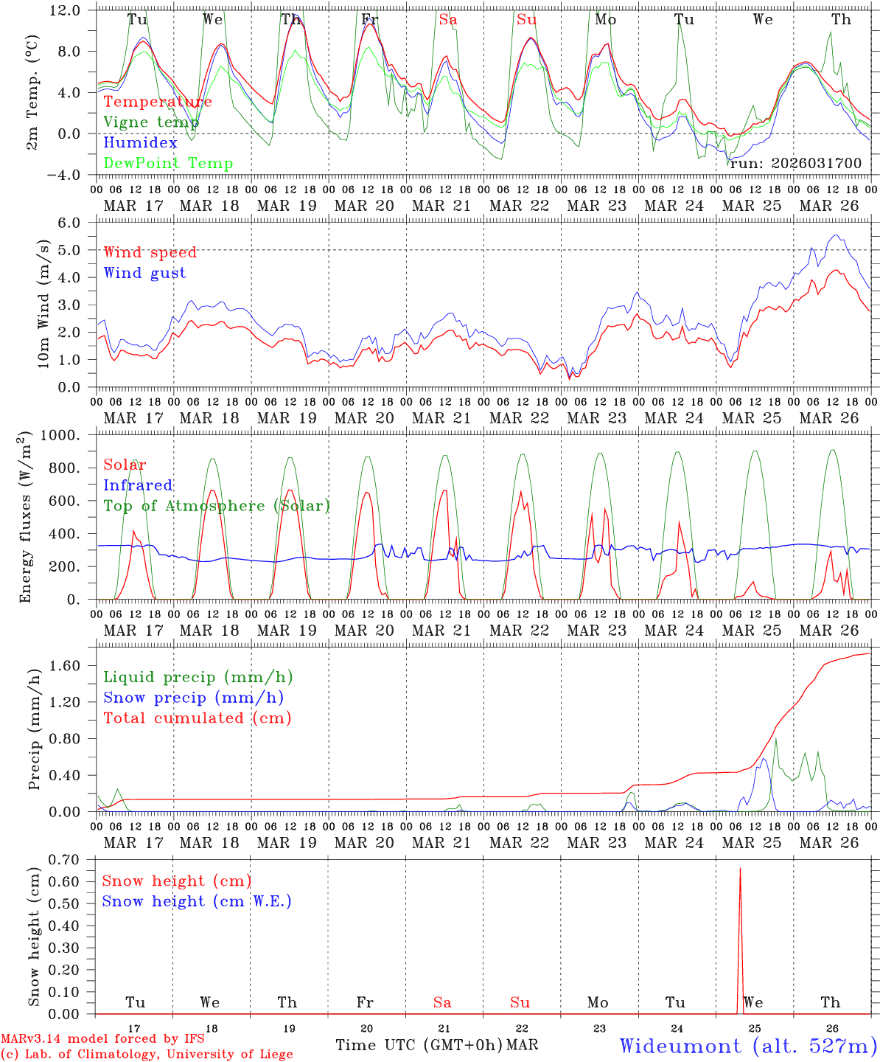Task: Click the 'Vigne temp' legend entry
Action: point(150,122)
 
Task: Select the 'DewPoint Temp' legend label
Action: point(168,164)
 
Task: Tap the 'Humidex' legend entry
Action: point(140,143)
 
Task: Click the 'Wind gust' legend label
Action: point(144,273)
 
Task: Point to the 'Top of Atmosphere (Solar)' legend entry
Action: point(217,506)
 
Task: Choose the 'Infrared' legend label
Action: point(138,485)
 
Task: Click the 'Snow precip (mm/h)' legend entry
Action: point(193,698)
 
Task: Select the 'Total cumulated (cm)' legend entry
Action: point(197,718)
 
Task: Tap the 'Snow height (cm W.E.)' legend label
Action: point(197,901)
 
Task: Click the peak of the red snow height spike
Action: point(740,869)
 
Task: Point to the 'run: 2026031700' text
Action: point(795,164)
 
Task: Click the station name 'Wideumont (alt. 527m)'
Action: point(748,1046)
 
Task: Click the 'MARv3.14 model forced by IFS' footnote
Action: point(102,1039)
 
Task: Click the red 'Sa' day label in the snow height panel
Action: point(442,1002)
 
